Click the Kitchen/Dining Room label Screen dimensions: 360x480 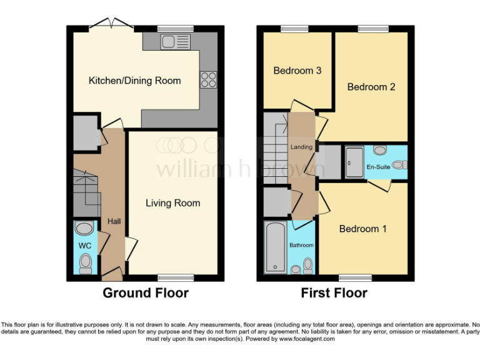pyautogui.click(x=134, y=81)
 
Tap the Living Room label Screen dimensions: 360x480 pyautogui.click(x=173, y=203)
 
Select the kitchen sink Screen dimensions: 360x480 pyautogui.click(x=174, y=42)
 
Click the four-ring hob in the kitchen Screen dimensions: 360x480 pyautogui.click(x=208, y=79)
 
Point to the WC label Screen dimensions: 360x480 pyautogui.click(x=85, y=246)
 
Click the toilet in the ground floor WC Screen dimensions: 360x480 pyautogui.click(x=86, y=262)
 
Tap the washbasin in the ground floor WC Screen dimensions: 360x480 pyautogui.click(x=84, y=227)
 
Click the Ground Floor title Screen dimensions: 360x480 pyautogui.click(x=145, y=292)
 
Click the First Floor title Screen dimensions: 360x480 pyautogui.click(x=334, y=292)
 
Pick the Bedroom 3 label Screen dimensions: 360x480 pyautogui.click(x=297, y=71)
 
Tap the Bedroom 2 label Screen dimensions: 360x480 pyautogui.click(x=371, y=87)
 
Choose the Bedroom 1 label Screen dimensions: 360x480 pyautogui.click(x=363, y=229)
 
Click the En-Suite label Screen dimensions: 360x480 pyautogui.click(x=379, y=167)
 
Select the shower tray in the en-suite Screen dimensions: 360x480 pyautogui.click(x=354, y=162)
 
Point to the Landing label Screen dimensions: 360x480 pyautogui.click(x=301, y=147)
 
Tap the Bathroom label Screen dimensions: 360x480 pyautogui.click(x=301, y=246)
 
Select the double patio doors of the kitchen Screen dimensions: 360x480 pyautogui.click(x=114, y=25)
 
